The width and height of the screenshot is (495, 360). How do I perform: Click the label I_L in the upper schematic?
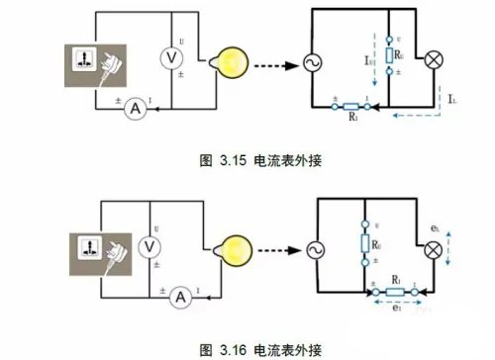tap(451, 100)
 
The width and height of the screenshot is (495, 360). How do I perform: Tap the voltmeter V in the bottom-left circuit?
tap(151, 245)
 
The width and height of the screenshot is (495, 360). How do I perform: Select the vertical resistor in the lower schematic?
tap(368, 243)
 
